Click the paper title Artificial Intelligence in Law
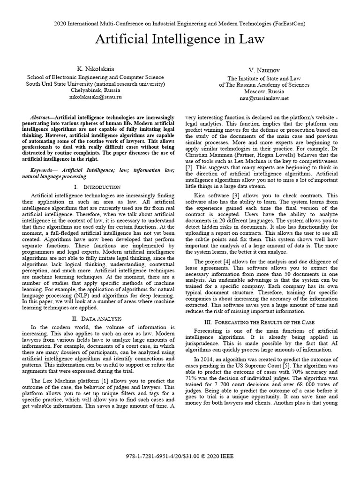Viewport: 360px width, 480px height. click(x=180, y=39)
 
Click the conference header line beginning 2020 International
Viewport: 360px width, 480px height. click(x=180, y=23)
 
